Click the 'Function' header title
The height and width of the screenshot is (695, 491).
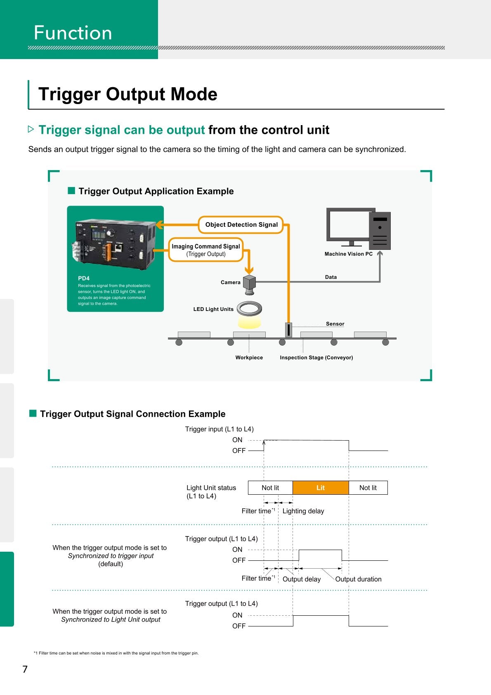point(73,33)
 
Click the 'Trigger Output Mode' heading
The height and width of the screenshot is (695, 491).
point(127,94)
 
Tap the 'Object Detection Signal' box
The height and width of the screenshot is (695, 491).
point(241,225)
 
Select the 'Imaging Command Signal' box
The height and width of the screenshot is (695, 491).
point(205,250)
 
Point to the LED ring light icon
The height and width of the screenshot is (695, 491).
point(250,308)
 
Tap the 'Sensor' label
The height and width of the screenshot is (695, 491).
point(335,324)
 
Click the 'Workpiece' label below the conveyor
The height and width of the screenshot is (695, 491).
point(249,358)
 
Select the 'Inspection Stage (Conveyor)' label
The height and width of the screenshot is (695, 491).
point(316,358)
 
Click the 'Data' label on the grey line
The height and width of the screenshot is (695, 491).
point(330,277)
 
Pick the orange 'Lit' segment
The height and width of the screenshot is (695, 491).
point(321,488)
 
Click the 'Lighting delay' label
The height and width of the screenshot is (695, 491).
point(303,511)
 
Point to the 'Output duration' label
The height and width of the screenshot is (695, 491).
point(358,579)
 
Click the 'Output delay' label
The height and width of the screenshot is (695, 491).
point(301,579)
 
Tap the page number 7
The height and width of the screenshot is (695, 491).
point(25,669)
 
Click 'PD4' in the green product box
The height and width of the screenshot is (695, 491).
point(84,278)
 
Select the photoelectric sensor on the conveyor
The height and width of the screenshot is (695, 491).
point(288,330)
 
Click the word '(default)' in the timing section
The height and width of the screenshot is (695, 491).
point(111,564)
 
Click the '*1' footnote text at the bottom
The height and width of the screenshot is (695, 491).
point(116,653)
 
